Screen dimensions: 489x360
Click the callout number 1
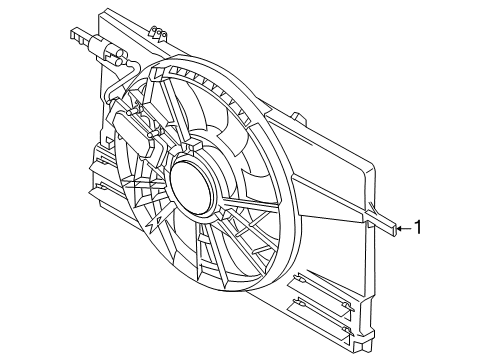418,227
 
